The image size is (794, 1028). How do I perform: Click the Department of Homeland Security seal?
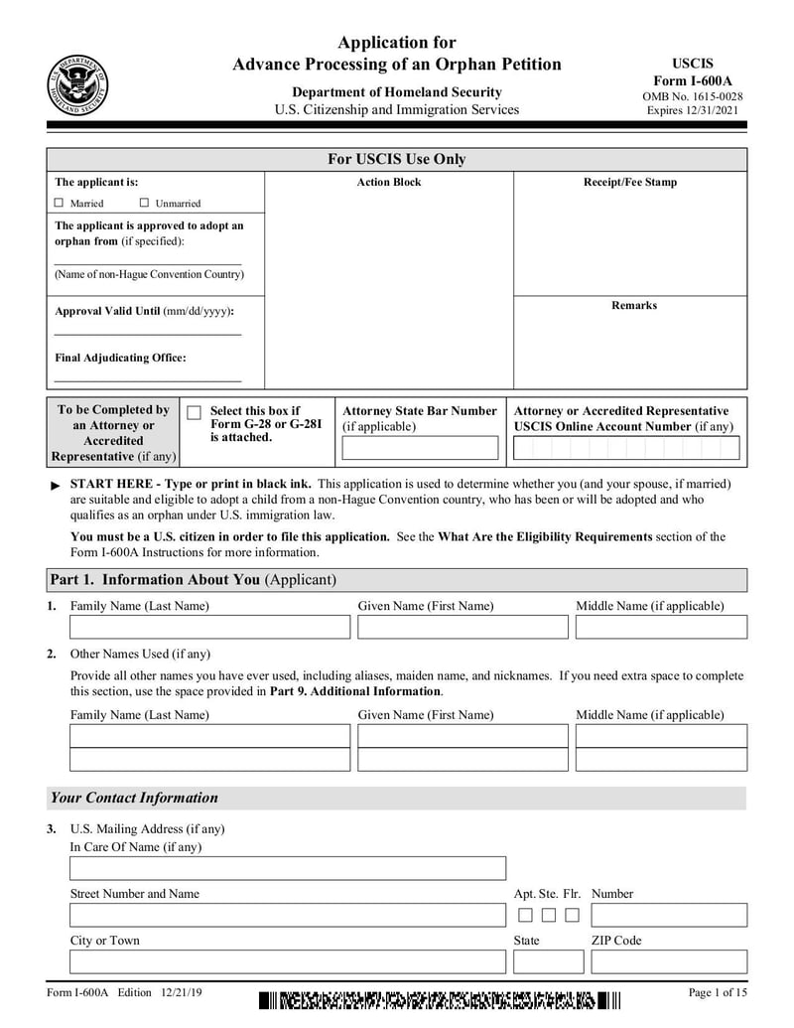pyautogui.click(x=78, y=83)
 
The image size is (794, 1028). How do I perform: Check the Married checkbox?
pyautogui.click(x=59, y=204)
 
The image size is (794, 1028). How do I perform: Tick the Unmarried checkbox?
pyautogui.click(x=144, y=204)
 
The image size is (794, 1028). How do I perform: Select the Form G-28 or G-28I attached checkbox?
pyautogui.click(x=195, y=413)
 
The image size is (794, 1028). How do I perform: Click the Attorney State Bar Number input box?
pyautogui.click(x=420, y=448)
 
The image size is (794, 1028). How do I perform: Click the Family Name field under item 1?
pyautogui.click(x=209, y=627)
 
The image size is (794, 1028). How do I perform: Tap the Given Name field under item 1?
pyautogui.click(x=463, y=627)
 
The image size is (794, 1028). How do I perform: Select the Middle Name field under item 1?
pyautogui.click(x=661, y=627)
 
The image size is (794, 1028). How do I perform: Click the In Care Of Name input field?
pyautogui.click(x=287, y=868)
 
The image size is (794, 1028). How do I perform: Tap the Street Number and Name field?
pyautogui.click(x=287, y=915)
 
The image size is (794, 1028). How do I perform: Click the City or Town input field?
pyautogui.click(x=287, y=961)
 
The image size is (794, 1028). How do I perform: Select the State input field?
pyautogui.click(x=548, y=961)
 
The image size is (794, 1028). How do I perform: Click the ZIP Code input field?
pyautogui.click(x=669, y=961)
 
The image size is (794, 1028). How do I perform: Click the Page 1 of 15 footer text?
pyautogui.click(x=718, y=992)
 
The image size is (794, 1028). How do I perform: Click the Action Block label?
pyautogui.click(x=389, y=183)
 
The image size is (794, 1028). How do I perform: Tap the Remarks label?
pyautogui.click(x=633, y=305)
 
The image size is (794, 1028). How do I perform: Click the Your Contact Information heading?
pyautogui.click(x=134, y=798)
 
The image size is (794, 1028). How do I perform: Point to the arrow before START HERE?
pyautogui.click(x=56, y=486)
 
